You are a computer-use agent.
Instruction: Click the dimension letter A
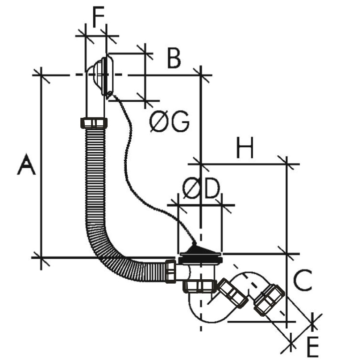tap(26, 164)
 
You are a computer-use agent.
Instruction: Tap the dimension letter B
tap(174, 58)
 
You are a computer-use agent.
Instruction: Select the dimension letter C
tap(303, 280)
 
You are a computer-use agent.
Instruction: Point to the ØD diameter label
tap(201, 188)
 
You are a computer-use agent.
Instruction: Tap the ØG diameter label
tap(169, 121)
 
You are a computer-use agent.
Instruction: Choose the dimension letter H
tap(245, 148)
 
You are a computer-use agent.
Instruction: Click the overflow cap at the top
tap(104, 76)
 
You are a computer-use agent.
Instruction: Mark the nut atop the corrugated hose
tap(94, 123)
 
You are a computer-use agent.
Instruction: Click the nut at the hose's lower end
tap(170, 271)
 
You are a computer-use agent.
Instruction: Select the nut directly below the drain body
tap(200, 286)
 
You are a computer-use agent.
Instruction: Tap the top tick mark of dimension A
tap(41, 75)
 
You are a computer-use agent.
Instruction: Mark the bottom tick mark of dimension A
tap(41, 258)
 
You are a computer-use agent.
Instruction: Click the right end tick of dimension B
tap(201, 75)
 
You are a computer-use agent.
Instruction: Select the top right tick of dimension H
tap(286, 164)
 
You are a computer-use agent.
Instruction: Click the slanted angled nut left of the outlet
tap(233, 293)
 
